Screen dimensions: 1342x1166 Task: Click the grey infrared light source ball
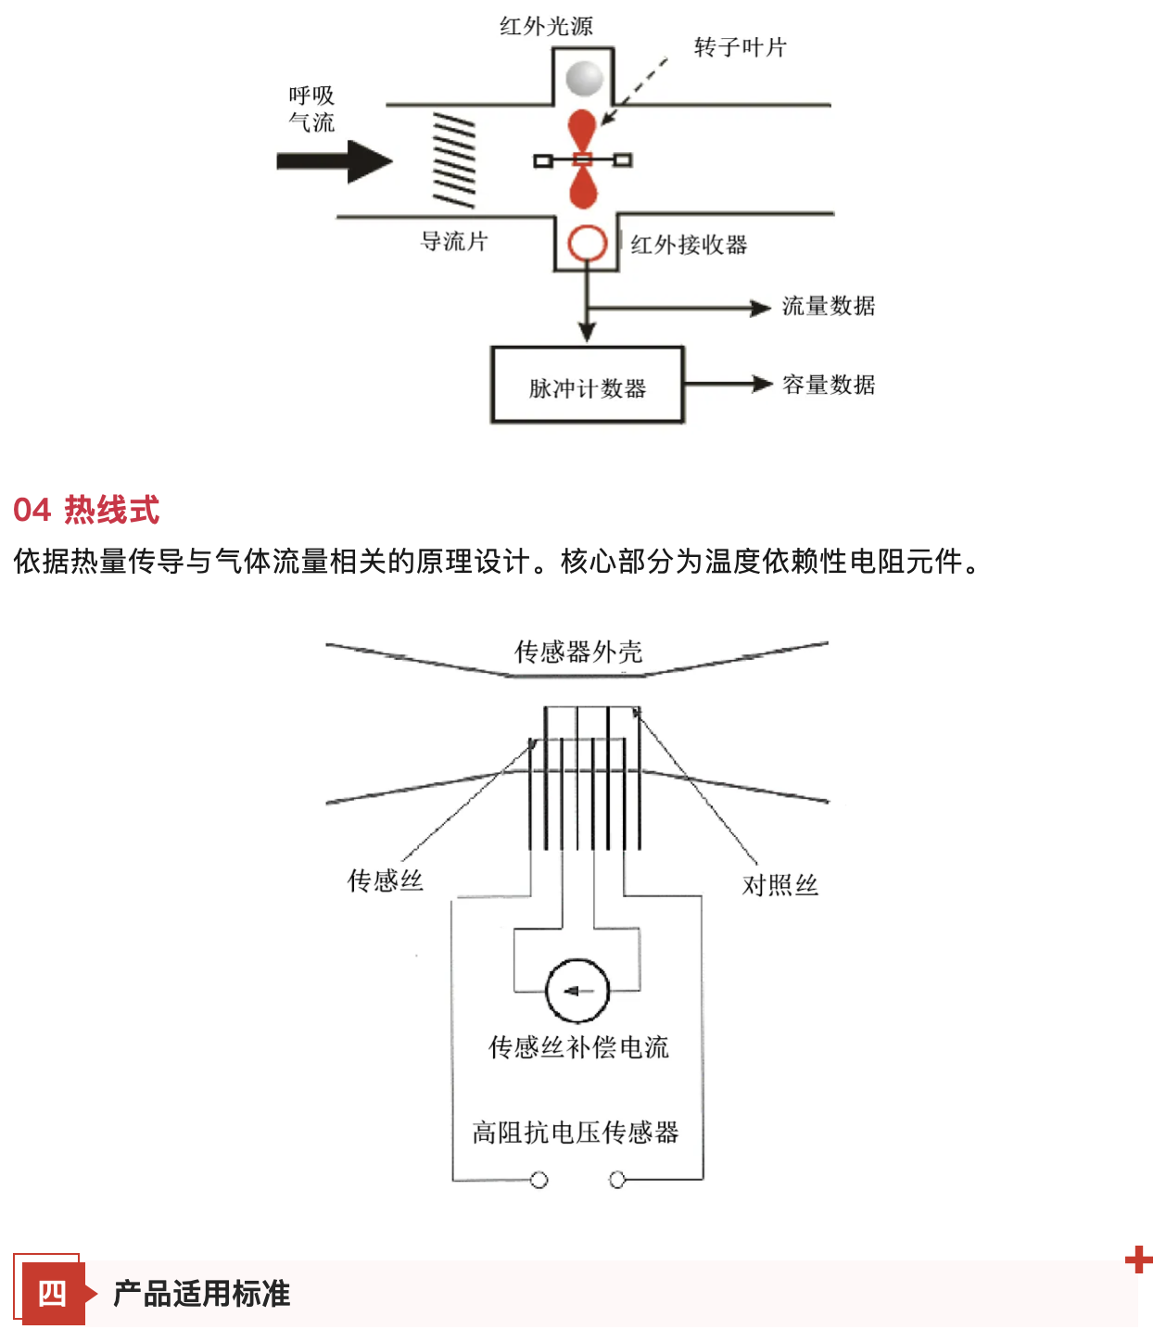coord(585,78)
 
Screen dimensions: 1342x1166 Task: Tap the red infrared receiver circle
coord(587,244)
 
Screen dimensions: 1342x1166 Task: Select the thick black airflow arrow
coord(335,161)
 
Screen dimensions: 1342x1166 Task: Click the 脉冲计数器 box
coord(587,386)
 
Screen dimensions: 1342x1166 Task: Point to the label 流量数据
coord(828,306)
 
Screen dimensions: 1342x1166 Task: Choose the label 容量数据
coord(828,385)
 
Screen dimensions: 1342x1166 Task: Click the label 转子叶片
coord(740,47)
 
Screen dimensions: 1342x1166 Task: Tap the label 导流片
coord(454,242)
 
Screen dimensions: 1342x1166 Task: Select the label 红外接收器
coord(689,245)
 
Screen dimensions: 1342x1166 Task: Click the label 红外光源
coord(546,26)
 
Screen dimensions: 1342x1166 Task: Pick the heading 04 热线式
coord(86,510)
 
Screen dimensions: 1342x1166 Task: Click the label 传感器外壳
coord(578,652)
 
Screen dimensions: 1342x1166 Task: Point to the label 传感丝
coord(385,880)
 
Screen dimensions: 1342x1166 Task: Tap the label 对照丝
coord(779,885)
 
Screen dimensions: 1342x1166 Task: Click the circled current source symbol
coord(577,991)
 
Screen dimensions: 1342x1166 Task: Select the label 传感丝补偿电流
coord(578,1047)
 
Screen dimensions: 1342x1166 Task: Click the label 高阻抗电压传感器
coord(576,1132)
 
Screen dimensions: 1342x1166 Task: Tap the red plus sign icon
coord(1138,1260)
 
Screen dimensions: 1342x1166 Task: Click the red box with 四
coord(52,1293)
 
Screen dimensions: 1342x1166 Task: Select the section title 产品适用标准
coord(201,1293)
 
